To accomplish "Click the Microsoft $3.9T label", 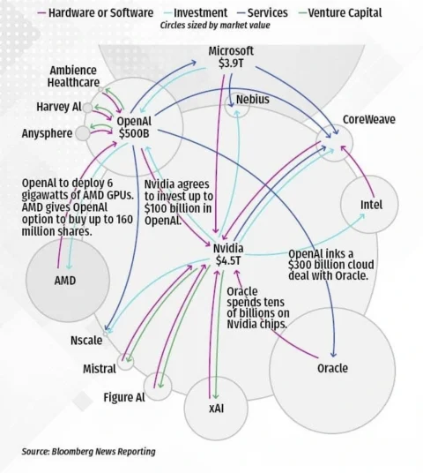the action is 231,56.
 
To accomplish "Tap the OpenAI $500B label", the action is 134,127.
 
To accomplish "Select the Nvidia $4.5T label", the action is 228,254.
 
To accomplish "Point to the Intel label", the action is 372,205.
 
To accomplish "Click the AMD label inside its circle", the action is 65,281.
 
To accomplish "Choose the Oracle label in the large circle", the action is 332,368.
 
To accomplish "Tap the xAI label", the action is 216,409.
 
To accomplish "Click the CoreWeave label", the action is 368,119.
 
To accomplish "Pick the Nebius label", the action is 252,99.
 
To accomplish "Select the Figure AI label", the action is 124,397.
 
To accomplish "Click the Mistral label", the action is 100,369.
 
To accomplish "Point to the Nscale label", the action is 86,341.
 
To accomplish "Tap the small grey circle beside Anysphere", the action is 83,133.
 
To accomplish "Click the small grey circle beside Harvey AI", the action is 87,108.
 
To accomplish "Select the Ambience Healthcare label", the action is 73,76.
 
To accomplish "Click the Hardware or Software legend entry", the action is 95,13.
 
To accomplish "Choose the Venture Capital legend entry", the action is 341,13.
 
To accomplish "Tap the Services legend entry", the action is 263,13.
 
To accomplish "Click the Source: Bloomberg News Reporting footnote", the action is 89,452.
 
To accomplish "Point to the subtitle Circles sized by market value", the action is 215,26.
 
